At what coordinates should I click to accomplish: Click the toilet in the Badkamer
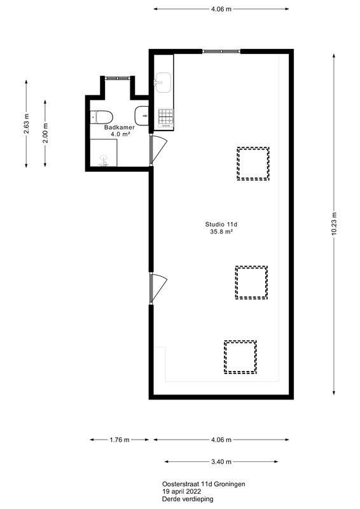[101, 116]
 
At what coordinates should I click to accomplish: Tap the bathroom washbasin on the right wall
[142, 116]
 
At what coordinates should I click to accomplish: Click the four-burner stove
[165, 116]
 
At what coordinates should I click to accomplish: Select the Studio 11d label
[221, 225]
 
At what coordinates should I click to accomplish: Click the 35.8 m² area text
[221, 232]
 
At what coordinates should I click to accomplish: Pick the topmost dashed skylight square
[253, 164]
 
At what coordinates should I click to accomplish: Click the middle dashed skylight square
[251, 282]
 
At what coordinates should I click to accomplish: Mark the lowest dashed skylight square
[240, 357]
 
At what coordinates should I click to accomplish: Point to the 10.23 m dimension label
[334, 223]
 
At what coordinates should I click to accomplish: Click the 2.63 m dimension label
[26, 125]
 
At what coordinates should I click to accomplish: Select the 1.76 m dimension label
[119, 440]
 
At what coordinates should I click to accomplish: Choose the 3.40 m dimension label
[221, 462]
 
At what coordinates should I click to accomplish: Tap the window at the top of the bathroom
[118, 76]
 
